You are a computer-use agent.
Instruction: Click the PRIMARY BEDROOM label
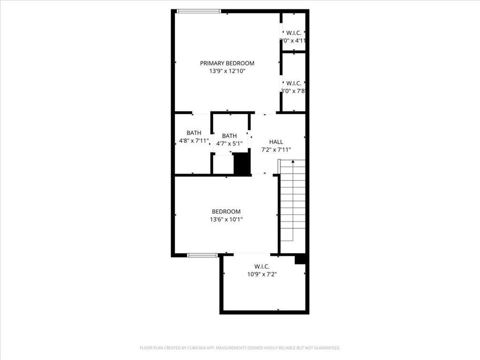click(x=227, y=63)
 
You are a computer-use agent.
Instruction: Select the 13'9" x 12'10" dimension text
click(x=227, y=71)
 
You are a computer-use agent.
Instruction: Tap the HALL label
click(x=276, y=142)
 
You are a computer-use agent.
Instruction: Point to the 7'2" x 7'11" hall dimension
click(x=276, y=150)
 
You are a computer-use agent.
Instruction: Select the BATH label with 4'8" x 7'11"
click(x=194, y=133)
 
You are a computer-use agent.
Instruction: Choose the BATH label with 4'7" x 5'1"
click(x=229, y=136)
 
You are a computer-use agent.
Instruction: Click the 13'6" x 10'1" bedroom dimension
click(x=226, y=219)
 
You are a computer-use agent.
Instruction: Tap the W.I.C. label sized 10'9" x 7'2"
click(x=262, y=267)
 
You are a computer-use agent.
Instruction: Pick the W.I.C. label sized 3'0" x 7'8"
click(x=293, y=83)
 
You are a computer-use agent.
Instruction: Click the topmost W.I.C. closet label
click(x=293, y=33)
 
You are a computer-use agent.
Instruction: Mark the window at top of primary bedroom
click(x=199, y=11)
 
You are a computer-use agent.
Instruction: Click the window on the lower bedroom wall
click(x=202, y=255)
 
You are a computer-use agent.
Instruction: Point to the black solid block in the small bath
click(x=242, y=164)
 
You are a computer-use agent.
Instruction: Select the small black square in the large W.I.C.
click(x=300, y=259)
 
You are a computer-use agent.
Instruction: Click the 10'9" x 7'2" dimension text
click(x=262, y=275)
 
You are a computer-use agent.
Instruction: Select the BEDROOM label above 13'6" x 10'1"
click(x=226, y=212)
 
